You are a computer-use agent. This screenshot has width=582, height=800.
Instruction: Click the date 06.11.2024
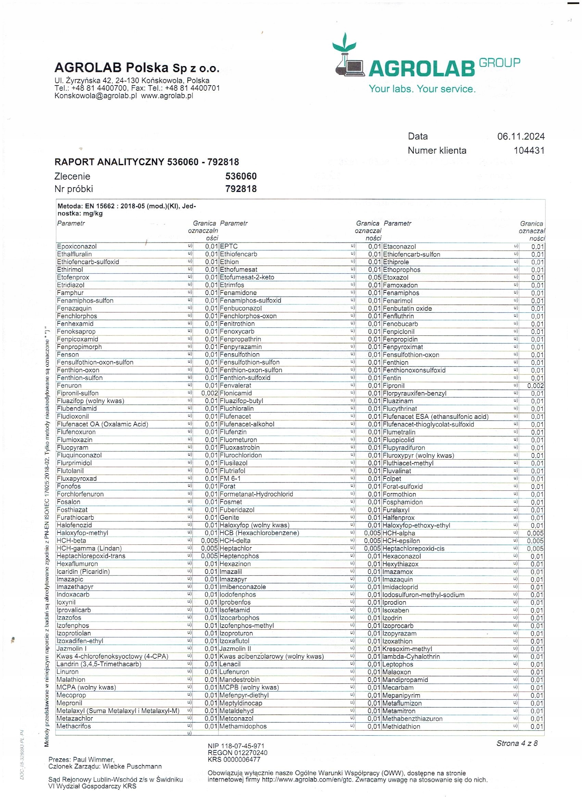(521, 136)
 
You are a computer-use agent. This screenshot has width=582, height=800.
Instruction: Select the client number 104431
(529, 151)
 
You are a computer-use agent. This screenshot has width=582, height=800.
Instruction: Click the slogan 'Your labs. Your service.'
(422, 89)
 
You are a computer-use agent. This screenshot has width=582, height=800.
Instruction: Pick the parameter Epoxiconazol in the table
(77, 246)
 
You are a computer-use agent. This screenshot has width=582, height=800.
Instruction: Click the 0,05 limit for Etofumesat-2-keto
(374, 277)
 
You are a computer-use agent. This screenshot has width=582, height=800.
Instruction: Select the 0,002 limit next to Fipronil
(535, 386)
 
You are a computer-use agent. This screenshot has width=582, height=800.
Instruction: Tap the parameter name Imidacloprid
(400, 587)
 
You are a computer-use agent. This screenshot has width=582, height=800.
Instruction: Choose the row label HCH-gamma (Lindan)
(89, 548)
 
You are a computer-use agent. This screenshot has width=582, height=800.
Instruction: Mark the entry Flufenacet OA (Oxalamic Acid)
(102, 424)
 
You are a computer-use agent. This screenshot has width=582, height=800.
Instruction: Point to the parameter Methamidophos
(243, 726)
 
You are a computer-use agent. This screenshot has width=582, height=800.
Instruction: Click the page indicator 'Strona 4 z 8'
(517, 743)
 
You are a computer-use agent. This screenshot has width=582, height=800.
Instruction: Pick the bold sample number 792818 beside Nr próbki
(241, 189)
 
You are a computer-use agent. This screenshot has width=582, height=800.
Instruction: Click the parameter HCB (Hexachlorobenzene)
(259, 533)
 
